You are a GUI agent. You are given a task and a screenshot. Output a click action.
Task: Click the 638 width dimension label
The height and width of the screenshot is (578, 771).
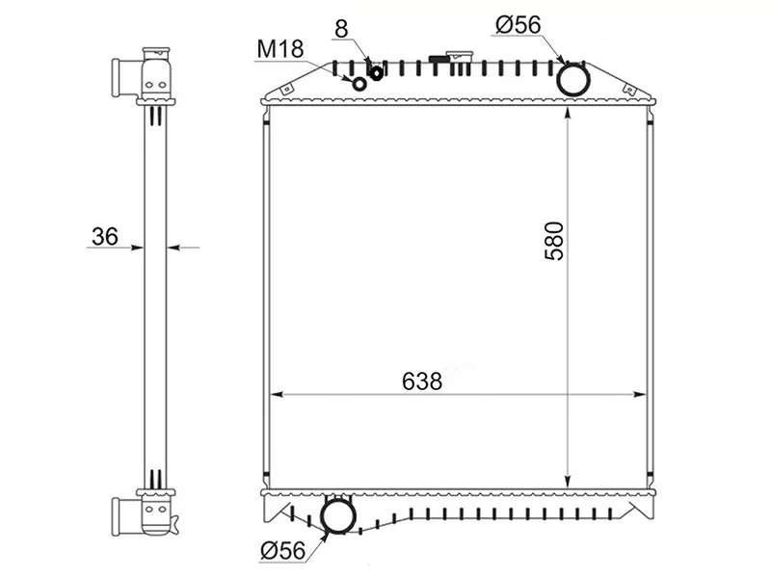coord(422,381)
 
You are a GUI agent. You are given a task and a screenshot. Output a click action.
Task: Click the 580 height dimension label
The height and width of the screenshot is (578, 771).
coord(554,241)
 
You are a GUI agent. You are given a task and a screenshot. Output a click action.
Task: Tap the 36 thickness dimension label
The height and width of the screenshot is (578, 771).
coord(105,236)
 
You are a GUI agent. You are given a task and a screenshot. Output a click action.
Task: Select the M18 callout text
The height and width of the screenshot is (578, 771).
coord(280,49)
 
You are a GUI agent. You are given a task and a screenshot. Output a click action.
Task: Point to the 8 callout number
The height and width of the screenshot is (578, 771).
coord(341,29)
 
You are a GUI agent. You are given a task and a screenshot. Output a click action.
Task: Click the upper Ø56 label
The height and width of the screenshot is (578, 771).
coord(518,25)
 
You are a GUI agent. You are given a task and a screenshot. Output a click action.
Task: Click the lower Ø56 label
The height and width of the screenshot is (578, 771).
coord(283,550)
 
